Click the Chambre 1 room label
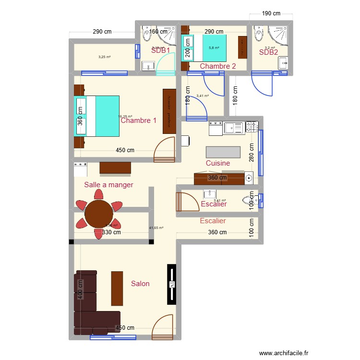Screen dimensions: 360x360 tap(138, 120)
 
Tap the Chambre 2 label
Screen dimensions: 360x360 tap(217, 66)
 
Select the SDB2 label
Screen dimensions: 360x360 tap(268, 52)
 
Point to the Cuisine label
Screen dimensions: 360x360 tap(217, 163)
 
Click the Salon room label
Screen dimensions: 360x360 tap(140, 284)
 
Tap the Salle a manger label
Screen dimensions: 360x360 tap(108, 185)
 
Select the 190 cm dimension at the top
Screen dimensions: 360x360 tap(271, 13)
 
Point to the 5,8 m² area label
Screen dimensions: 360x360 tap(214, 48)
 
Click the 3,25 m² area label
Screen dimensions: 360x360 tap(104, 57)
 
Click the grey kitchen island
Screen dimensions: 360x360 tap(223, 152)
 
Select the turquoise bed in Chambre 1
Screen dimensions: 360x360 tap(102, 116)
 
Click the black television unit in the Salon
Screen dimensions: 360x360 tap(171, 284)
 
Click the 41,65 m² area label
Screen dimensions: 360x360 tap(156, 228)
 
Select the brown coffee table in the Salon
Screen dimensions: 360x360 tap(117, 288)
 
